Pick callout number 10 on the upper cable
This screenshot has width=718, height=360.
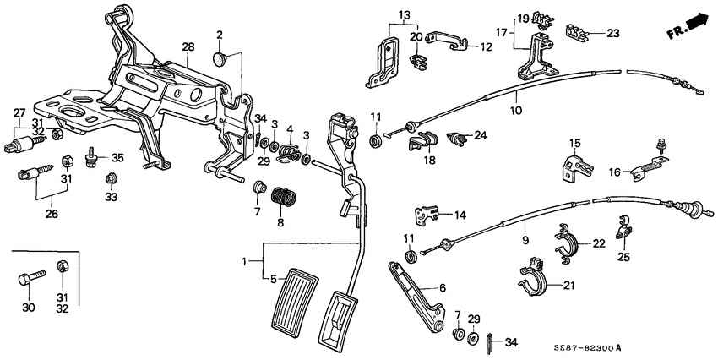coord(516,110)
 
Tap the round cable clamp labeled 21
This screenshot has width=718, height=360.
coord(531,283)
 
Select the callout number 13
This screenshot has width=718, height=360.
coord(403,16)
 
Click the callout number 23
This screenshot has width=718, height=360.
coord(612,34)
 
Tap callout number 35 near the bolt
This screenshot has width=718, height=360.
coord(117,156)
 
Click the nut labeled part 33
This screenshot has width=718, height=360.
coord(110,178)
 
